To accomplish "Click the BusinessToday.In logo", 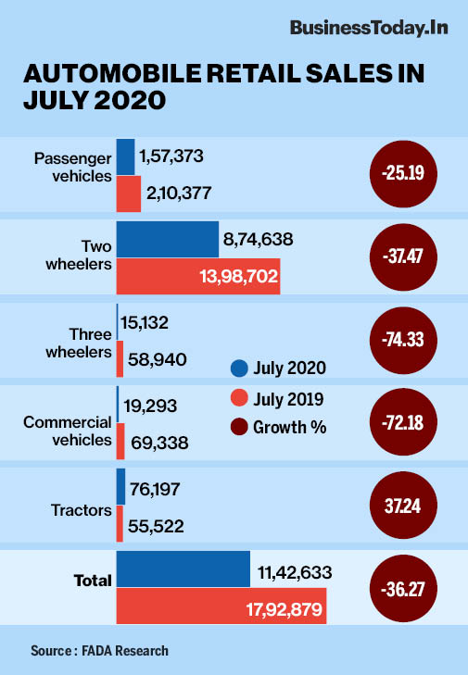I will click(x=369, y=29).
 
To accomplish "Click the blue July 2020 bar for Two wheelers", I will click(x=167, y=239).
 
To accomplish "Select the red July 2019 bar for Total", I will click(x=221, y=606).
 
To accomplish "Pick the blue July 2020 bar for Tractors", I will click(x=120, y=486).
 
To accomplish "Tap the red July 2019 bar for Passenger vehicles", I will click(x=128, y=193).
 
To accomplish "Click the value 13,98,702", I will click(x=236, y=276).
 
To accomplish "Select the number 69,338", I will click(x=158, y=444).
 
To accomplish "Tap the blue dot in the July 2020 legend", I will click(x=239, y=369).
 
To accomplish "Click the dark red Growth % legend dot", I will click(x=239, y=427).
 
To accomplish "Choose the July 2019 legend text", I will click(x=292, y=398).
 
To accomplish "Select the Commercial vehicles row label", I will click(x=67, y=431).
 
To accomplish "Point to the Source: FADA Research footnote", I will click(x=99, y=650).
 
